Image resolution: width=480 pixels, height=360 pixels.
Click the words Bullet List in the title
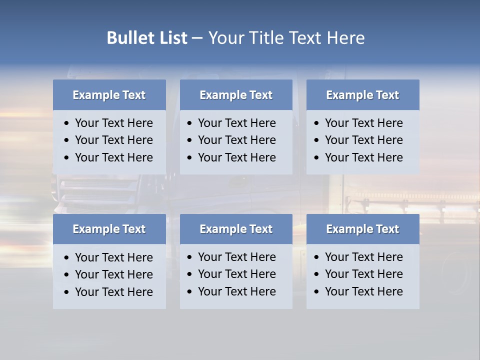pos(147,38)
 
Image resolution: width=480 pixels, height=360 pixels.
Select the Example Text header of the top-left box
pos(109,95)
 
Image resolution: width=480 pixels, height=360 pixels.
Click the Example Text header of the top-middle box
pos(236,95)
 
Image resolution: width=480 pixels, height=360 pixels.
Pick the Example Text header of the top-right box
pos(362,95)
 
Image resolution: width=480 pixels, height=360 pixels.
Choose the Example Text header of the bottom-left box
pos(109,229)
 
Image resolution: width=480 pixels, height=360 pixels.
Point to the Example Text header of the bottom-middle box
pos(236,229)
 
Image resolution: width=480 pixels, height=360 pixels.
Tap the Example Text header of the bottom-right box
pos(362,229)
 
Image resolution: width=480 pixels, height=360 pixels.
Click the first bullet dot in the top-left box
pos(67,123)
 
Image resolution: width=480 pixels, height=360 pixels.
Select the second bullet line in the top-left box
pos(113,140)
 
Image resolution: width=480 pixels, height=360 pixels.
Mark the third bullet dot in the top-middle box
pos(190,158)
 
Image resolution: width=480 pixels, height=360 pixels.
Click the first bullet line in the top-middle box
pos(236,123)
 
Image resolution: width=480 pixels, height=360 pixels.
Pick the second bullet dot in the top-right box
pos(317,140)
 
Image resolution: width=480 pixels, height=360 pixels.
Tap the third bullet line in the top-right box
pos(363,157)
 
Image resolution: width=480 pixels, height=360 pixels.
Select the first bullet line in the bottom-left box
pos(113,257)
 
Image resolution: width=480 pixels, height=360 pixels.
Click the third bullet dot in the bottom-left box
pos(67,292)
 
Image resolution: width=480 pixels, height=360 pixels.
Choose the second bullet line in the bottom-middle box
pos(236,274)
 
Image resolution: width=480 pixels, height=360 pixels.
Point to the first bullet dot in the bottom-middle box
pos(190,257)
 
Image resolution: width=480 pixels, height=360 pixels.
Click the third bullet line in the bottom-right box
pos(363,291)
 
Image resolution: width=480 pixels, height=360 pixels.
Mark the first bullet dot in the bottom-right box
pos(317,257)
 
